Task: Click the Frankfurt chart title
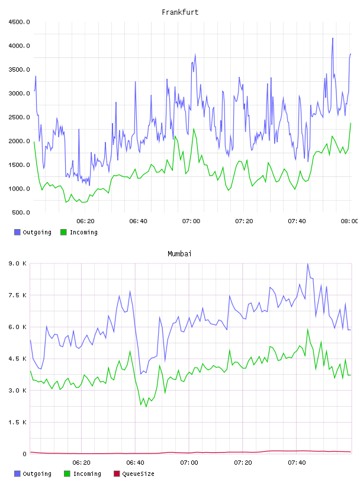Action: click(180, 12)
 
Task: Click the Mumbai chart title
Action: click(179, 254)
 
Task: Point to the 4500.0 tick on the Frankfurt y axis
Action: click(19, 22)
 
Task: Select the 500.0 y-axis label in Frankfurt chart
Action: click(21, 212)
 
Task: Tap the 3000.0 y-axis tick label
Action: click(19, 94)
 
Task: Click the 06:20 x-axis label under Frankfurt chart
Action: click(85, 221)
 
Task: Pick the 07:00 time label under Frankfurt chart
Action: click(191, 221)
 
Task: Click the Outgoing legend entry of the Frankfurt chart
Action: click(33, 232)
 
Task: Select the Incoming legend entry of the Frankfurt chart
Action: click(79, 232)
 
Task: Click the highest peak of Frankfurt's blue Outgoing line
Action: click(333, 38)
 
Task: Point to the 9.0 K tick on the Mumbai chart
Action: click(18, 263)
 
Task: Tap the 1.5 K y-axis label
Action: click(18, 422)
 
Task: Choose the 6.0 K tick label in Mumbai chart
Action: click(18, 327)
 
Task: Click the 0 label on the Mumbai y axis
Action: click(24, 454)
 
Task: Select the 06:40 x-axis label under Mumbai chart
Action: click(136, 463)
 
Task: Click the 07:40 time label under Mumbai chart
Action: click(297, 463)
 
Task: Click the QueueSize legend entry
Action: click(134, 474)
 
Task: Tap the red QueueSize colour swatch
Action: click(117, 474)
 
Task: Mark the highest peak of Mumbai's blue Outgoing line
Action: click(308, 263)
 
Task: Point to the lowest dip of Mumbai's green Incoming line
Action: click(146, 407)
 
